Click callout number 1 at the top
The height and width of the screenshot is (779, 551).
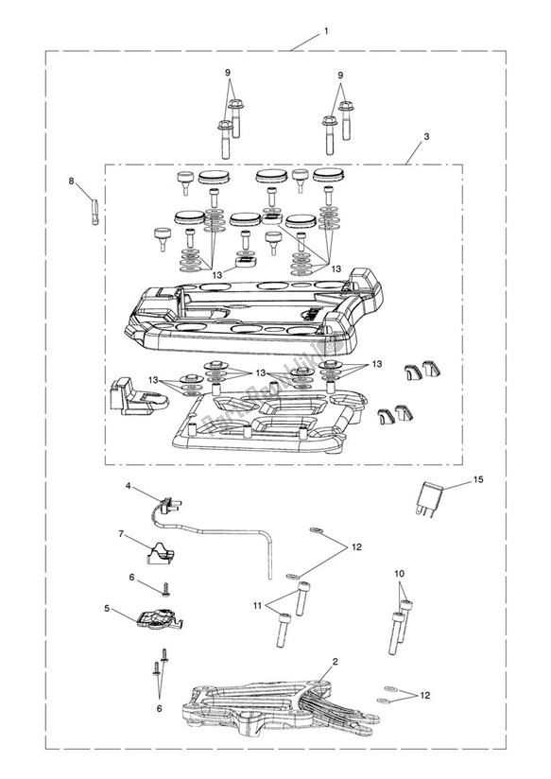[x=326, y=30]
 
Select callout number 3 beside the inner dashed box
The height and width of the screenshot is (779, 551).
[x=426, y=136]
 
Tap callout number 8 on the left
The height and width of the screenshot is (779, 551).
[x=70, y=180]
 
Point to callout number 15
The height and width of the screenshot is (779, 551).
[x=478, y=480]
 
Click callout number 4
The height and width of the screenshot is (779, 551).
[x=126, y=486]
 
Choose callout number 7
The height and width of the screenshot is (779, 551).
[x=121, y=534]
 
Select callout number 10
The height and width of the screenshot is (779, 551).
[x=399, y=572]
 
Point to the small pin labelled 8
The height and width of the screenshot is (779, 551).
[x=97, y=203]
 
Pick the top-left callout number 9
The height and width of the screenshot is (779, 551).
[x=228, y=73]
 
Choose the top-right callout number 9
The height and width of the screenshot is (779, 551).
[x=340, y=75]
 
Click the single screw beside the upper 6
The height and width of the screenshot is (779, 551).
[x=165, y=587]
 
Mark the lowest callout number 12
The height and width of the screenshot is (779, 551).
[x=425, y=695]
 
